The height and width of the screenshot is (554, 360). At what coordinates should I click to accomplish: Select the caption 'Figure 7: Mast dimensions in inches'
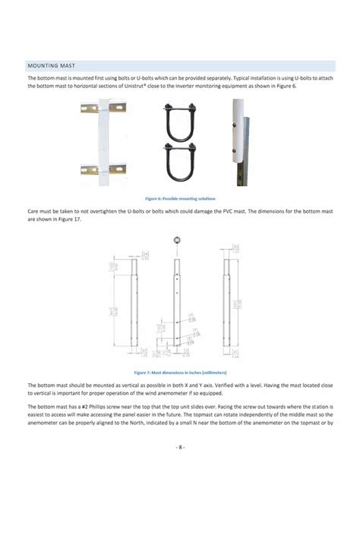180,373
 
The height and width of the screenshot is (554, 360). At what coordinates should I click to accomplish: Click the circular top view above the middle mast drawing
177,240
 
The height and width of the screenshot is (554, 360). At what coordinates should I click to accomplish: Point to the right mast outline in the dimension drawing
230,300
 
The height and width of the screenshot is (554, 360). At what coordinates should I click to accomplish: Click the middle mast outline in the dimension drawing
177,300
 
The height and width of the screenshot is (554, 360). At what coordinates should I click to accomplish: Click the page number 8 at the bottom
180,447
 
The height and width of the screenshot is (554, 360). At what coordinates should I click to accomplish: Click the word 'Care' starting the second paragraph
34,211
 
